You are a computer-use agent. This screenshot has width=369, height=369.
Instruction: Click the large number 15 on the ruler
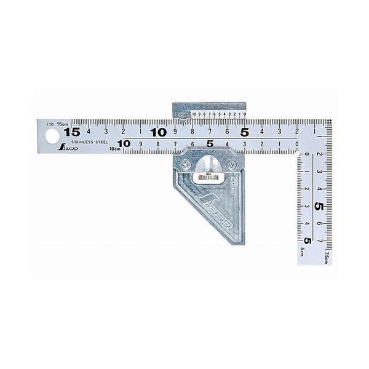click(72, 132)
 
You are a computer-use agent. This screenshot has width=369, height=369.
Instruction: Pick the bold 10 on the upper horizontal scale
click(159, 132)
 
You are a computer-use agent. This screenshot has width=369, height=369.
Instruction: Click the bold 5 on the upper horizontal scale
click(245, 132)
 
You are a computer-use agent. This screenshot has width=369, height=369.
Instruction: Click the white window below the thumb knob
click(208, 178)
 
